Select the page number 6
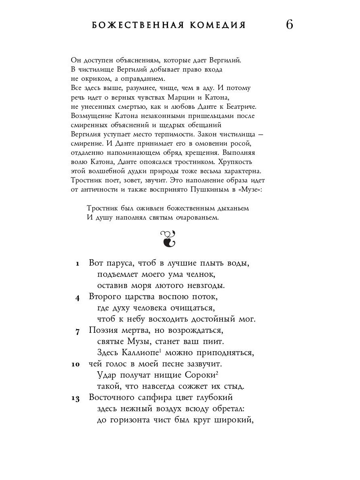pos(290,25)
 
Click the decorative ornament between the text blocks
pos(168,238)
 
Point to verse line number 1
pos(78,264)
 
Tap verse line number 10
pos(76,365)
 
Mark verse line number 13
pos(76,398)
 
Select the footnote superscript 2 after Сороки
pos(217,373)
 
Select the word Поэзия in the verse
pos(105,331)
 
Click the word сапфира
pos(153,398)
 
